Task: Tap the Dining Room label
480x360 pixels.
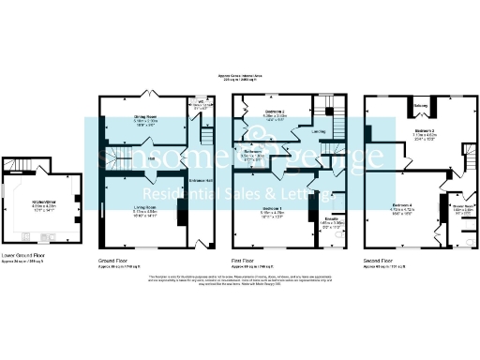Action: (144, 117)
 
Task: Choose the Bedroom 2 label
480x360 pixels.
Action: (274, 112)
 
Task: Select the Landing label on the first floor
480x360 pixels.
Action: (319, 131)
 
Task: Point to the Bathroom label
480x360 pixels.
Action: (253, 151)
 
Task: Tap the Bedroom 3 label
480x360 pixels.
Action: (427, 131)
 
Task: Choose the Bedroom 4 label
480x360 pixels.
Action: (403, 205)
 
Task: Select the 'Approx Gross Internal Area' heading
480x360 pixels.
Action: (240, 75)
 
